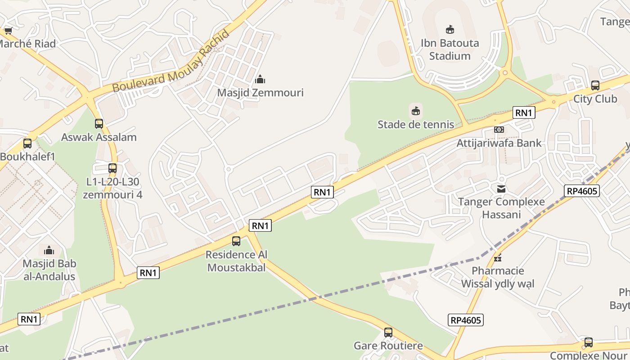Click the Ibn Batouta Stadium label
(450, 49)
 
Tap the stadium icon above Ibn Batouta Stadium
(450, 30)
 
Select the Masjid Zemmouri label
(260, 93)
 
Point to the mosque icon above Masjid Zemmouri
(260, 80)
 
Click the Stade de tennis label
(416, 124)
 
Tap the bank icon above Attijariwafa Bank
(499, 130)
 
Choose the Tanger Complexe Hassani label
(501, 208)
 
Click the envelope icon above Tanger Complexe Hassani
(501, 189)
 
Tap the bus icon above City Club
(595, 85)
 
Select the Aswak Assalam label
(99, 137)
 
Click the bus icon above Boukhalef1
(27, 144)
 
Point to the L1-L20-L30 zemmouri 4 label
(112, 188)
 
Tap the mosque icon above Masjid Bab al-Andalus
(49, 250)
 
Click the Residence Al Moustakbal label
(236, 261)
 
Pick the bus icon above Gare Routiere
(388, 333)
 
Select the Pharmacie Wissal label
(498, 277)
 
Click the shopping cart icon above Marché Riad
(8, 31)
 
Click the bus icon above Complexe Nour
(588, 342)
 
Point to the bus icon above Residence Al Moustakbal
(236, 241)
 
